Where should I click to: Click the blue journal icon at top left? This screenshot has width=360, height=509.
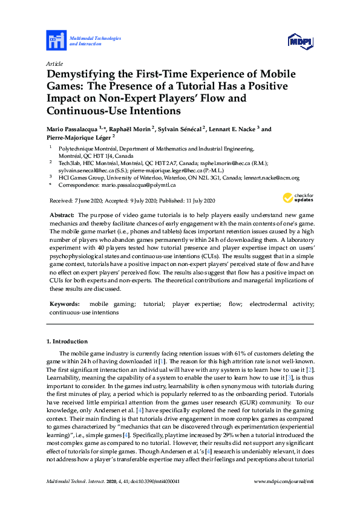pos(56,41)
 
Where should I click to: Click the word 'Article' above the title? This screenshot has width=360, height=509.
pos(54,63)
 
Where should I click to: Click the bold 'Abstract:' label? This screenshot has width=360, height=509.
pos(61,216)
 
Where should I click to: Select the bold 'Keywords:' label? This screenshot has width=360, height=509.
pos(64,305)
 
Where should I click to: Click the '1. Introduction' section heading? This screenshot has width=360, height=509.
pos(67,342)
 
